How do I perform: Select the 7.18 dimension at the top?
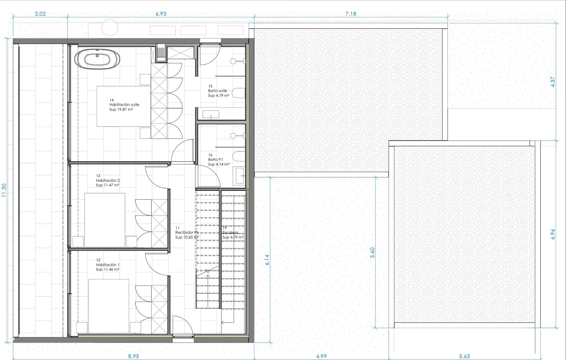[x=350, y=14]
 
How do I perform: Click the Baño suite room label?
[x=218, y=91]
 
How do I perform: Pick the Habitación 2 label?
[x=108, y=180]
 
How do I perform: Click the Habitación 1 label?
[x=108, y=265]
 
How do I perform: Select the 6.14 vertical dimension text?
[x=267, y=260]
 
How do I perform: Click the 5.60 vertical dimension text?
[x=372, y=252]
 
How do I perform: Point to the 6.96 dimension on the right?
[x=553, y=234]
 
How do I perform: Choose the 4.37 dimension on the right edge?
[x=553, y=82]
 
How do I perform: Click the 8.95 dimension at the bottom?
[x=133, y=356]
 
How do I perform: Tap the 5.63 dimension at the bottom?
[x=464, y=356]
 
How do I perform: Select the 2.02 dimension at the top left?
[x=40, y=14]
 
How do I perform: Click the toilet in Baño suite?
[x=239, y=93]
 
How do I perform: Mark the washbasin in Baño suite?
[x=211, y=114]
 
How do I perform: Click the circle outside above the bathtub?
[x=110, y=27]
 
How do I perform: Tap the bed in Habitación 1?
[x=109, y=306]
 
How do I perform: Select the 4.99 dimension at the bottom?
[x=321, y=356]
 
